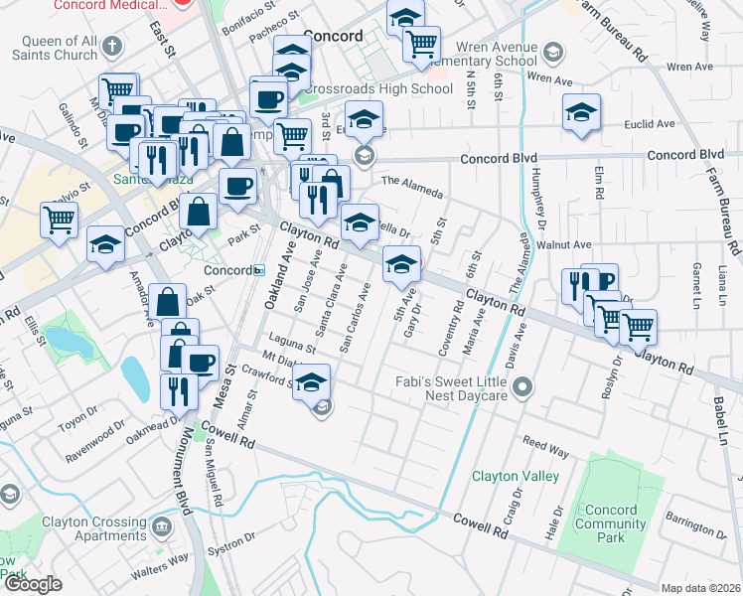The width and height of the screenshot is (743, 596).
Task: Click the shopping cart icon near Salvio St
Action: click(x=59, y=219)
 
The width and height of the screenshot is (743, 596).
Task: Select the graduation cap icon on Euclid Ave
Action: click(x=581, y=113)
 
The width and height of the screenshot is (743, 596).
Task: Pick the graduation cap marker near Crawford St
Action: click(x=312, y=381)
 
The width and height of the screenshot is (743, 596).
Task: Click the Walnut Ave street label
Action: click(x=563, y=244)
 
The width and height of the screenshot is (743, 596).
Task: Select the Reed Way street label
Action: click(x=545, y=444)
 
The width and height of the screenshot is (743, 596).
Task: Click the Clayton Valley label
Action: click(x=516, y=476)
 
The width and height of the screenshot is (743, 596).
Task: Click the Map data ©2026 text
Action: click(x=701, y=588)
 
